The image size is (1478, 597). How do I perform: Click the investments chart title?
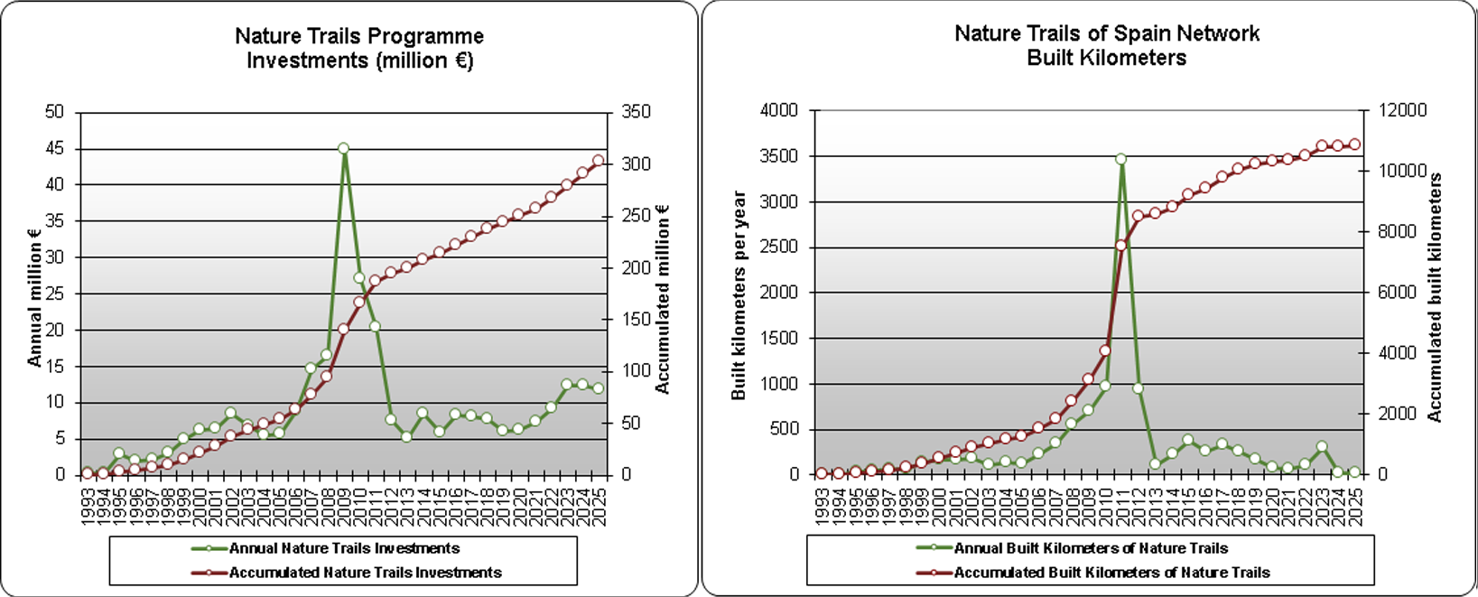pos(359,49)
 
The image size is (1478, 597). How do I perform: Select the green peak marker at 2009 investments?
pos(343,148)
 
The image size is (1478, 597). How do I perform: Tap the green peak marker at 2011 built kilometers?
pos(1120,159)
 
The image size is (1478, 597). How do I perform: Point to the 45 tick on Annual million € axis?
pos(55,148)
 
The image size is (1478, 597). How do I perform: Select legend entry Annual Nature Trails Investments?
pos(344,548)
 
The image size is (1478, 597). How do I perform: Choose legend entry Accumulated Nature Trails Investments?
pos(365,573)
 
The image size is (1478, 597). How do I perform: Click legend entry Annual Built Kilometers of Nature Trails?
pos(1091,548)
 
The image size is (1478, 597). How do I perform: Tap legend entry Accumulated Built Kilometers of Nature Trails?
pos(1111,573)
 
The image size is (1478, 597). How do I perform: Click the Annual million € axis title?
pos(34,297)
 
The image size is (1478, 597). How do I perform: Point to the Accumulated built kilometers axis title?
pos(1435,298)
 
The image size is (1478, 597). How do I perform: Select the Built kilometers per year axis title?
pos(739,295)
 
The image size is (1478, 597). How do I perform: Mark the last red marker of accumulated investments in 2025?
pos(598,161)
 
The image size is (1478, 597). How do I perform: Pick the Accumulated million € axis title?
pos(663,298)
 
